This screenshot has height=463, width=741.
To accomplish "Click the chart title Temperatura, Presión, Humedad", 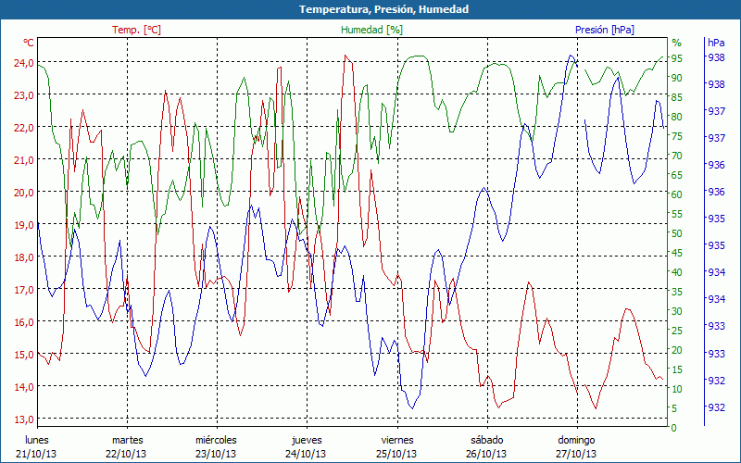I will click(x=370, y=9).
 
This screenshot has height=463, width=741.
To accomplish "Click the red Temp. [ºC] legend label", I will click(x=136, y=30).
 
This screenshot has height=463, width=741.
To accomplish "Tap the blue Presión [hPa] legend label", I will click(x=605, y=30).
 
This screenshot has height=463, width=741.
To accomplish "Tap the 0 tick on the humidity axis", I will click(x=674, y=428).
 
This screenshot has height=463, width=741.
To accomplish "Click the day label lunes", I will click(x=36, y=440).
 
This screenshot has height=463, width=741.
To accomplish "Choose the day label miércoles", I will click(x=216, y=440).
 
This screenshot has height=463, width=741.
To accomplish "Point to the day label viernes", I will click(x=397, y=440).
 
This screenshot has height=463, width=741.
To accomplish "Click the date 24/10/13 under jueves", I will click(x=306, y=454).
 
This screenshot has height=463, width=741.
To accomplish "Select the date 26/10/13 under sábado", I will click(x=486, y=454).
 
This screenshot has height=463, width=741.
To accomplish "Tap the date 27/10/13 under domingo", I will click(x=576, y=454).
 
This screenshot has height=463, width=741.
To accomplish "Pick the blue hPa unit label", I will click(x=716, y=43).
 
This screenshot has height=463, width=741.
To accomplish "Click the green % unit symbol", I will click(x=676, y=43).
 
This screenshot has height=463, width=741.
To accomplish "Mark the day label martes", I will click(x=127, y=440).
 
